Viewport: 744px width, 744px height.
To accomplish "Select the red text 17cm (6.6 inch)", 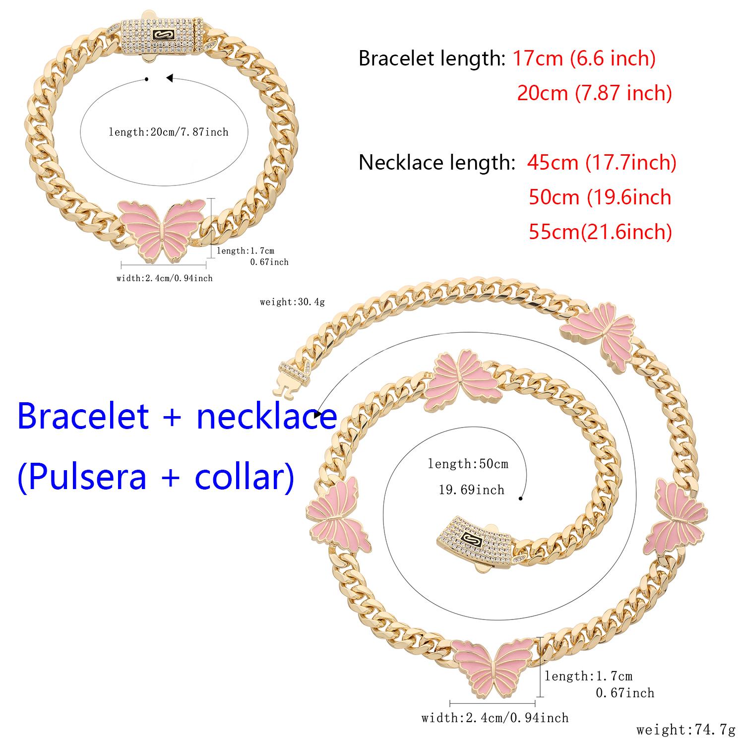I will [x=584, y=59].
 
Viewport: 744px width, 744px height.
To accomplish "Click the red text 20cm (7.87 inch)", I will [x=594, y=93].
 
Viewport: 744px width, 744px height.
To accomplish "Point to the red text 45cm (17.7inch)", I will [x=602, y=162].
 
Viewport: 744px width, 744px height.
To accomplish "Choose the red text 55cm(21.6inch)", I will [x=600, y=232].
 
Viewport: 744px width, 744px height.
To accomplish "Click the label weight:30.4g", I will [x=292, y=302].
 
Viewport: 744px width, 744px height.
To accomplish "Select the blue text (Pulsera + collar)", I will [x=156, y=477].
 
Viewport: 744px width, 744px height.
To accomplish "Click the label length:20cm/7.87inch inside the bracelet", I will [x=169, y=132].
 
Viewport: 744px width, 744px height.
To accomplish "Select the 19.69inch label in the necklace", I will [x=471, y=490].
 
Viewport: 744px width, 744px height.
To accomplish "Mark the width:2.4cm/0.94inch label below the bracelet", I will [x=164, y=278].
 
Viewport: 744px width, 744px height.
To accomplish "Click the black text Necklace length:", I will [x=436, y=162].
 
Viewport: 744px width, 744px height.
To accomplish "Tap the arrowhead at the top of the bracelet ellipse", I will [x=169, y=78].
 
